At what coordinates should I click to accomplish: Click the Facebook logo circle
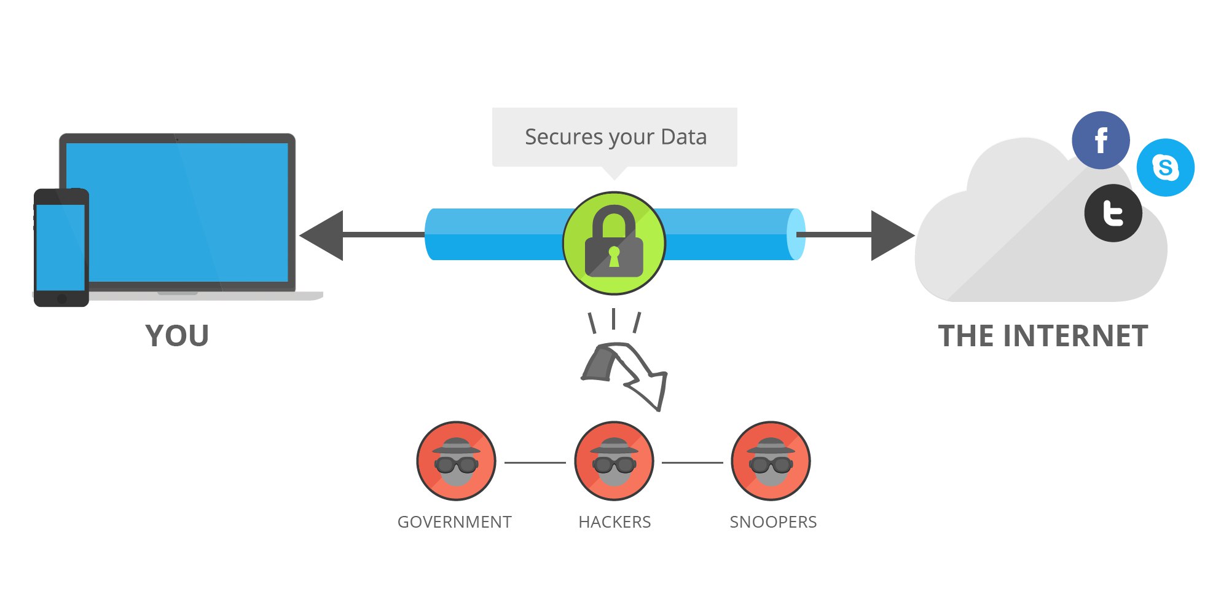1101,140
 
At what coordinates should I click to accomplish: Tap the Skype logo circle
1165,167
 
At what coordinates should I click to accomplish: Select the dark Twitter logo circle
1113,213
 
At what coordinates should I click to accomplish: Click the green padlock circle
614,243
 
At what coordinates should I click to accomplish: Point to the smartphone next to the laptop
61,247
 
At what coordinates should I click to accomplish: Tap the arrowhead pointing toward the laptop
321,235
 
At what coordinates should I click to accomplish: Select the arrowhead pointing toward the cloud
893,235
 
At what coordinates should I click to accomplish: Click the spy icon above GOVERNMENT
456,461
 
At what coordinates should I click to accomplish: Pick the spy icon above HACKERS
614,461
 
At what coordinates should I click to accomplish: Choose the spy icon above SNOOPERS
771,461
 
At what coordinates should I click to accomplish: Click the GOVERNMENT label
455,522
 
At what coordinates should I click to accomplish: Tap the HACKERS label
614,522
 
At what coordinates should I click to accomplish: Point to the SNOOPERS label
773,522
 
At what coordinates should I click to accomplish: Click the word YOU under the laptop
177,336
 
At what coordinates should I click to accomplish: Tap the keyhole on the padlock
614,256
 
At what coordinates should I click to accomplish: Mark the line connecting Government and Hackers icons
535,462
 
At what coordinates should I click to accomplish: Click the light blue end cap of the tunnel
796,234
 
